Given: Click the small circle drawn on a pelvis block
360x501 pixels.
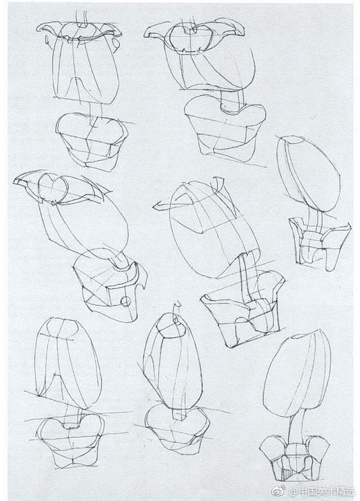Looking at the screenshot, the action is (x=126, y=301).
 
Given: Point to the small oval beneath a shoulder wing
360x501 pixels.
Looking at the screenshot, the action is (x=117, y=43).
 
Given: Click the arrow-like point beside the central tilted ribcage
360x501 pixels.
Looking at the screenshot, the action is (x=158, y=206).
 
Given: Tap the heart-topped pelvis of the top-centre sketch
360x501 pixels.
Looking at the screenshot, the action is (x=225, y=127).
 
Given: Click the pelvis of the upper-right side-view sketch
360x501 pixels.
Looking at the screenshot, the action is (x=319, y=243).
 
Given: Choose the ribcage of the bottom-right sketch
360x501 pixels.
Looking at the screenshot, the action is (x=296, y=375).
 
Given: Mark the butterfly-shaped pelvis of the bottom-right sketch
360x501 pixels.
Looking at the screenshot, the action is (x=294, y=458).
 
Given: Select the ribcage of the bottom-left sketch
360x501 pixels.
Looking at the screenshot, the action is (x=68, y=363).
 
